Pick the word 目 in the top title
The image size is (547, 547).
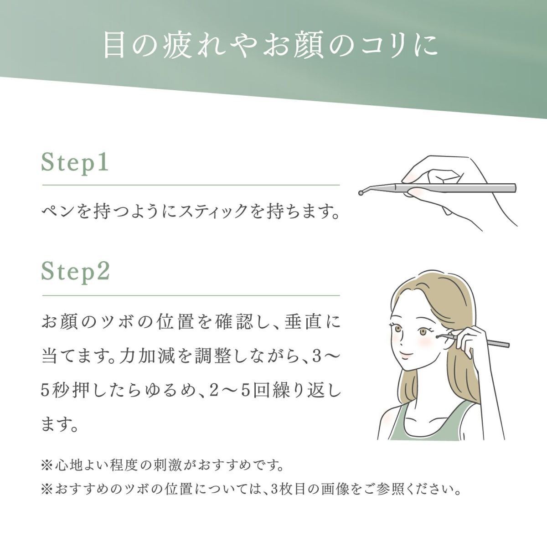114,46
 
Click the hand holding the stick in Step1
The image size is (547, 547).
438,187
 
